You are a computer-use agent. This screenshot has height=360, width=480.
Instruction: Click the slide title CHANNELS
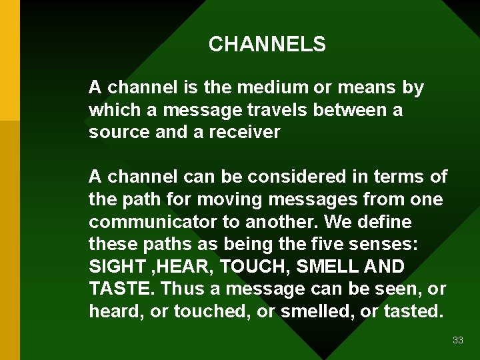point(267,45)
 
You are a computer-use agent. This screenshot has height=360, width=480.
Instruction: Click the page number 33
point(457,340)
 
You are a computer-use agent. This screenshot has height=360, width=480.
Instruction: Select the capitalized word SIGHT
point(117,267)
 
